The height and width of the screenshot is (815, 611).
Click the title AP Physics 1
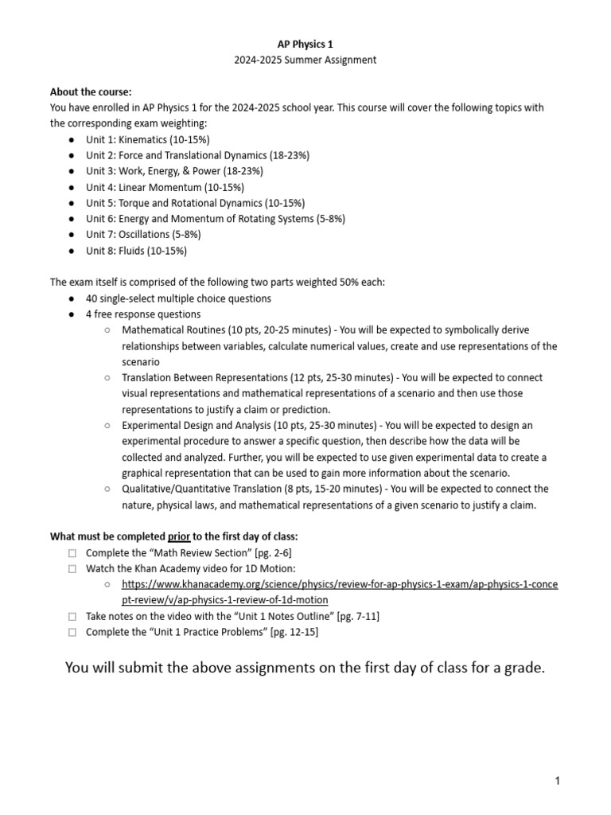pos(305,45)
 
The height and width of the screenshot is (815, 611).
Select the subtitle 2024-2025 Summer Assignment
pos(305,60)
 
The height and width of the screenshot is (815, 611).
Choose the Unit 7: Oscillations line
pos(143,235)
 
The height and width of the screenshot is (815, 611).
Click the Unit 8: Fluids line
pos(136,251)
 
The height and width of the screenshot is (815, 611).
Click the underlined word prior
pos(179,536)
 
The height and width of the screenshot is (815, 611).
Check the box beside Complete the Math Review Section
pos(72,553)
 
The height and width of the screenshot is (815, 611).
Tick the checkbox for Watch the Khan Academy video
pos(72,569)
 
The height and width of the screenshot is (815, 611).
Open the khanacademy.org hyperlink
pos(340,585)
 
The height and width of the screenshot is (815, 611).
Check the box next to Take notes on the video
pos(72,617)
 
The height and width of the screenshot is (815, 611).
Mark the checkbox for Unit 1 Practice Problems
pos(72,633)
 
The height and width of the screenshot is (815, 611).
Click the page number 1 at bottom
pos(558,782)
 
